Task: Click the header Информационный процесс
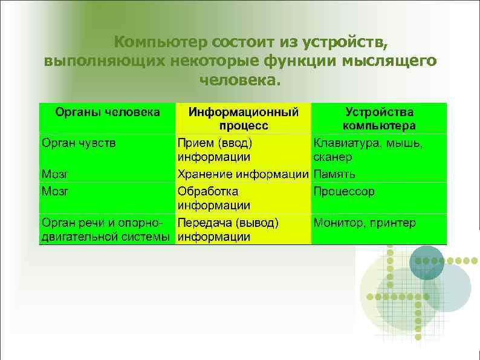point(243,119)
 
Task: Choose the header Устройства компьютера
point(379,119)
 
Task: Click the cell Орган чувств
point(79,143)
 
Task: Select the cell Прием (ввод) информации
point(215,150)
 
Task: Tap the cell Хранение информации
point(242,174)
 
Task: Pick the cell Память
point(334,174)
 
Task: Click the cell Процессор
point(343,191)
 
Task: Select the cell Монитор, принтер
point(364,223)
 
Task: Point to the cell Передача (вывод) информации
point(227,230)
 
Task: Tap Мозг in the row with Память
point(54,174)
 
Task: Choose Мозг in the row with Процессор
point(54,191)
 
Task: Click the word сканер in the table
point(332,157)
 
